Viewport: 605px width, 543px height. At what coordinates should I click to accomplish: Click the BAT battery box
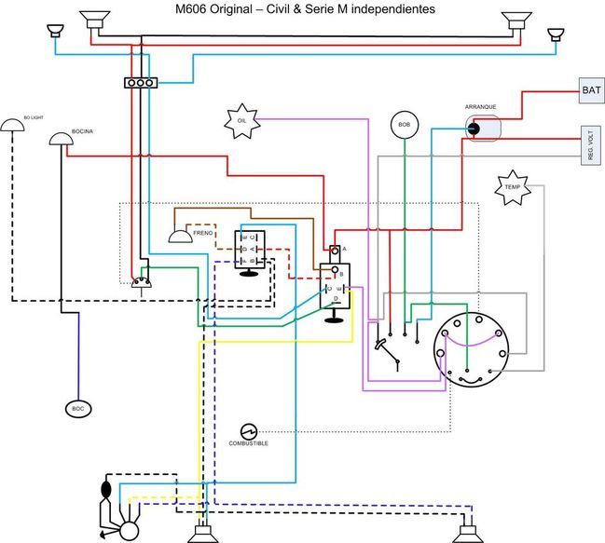[x=590, y=91]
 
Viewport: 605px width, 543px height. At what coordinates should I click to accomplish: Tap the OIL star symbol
[x=241, y=120]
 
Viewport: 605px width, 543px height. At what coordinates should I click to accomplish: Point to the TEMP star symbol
[x=512, y=187]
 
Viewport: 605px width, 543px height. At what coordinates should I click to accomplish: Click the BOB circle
[x=404, y=125]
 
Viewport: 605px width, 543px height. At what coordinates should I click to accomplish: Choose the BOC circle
[x=77, y=408]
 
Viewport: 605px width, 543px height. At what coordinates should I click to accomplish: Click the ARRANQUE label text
[x=480, y=107]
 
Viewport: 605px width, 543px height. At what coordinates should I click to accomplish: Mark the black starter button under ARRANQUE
[x=473, y=129]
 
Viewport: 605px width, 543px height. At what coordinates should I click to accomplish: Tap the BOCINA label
[x=85, y=131]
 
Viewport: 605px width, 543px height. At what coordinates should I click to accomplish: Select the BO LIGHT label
[x=33, y=118]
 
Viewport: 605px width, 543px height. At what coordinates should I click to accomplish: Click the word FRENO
[x=203, y=232]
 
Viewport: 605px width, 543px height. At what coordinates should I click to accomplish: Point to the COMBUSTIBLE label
[x=248, y=443]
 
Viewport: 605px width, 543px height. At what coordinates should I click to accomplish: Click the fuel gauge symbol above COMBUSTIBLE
[x=248, y=431]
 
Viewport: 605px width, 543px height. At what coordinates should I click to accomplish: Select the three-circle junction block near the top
[x=140, y=83]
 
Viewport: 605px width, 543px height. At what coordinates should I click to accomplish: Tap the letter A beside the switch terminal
[x=344, y=249]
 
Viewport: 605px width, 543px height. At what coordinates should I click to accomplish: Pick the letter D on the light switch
[x=336, y=298]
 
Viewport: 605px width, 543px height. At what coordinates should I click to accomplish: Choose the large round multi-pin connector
[x=473, y=342]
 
